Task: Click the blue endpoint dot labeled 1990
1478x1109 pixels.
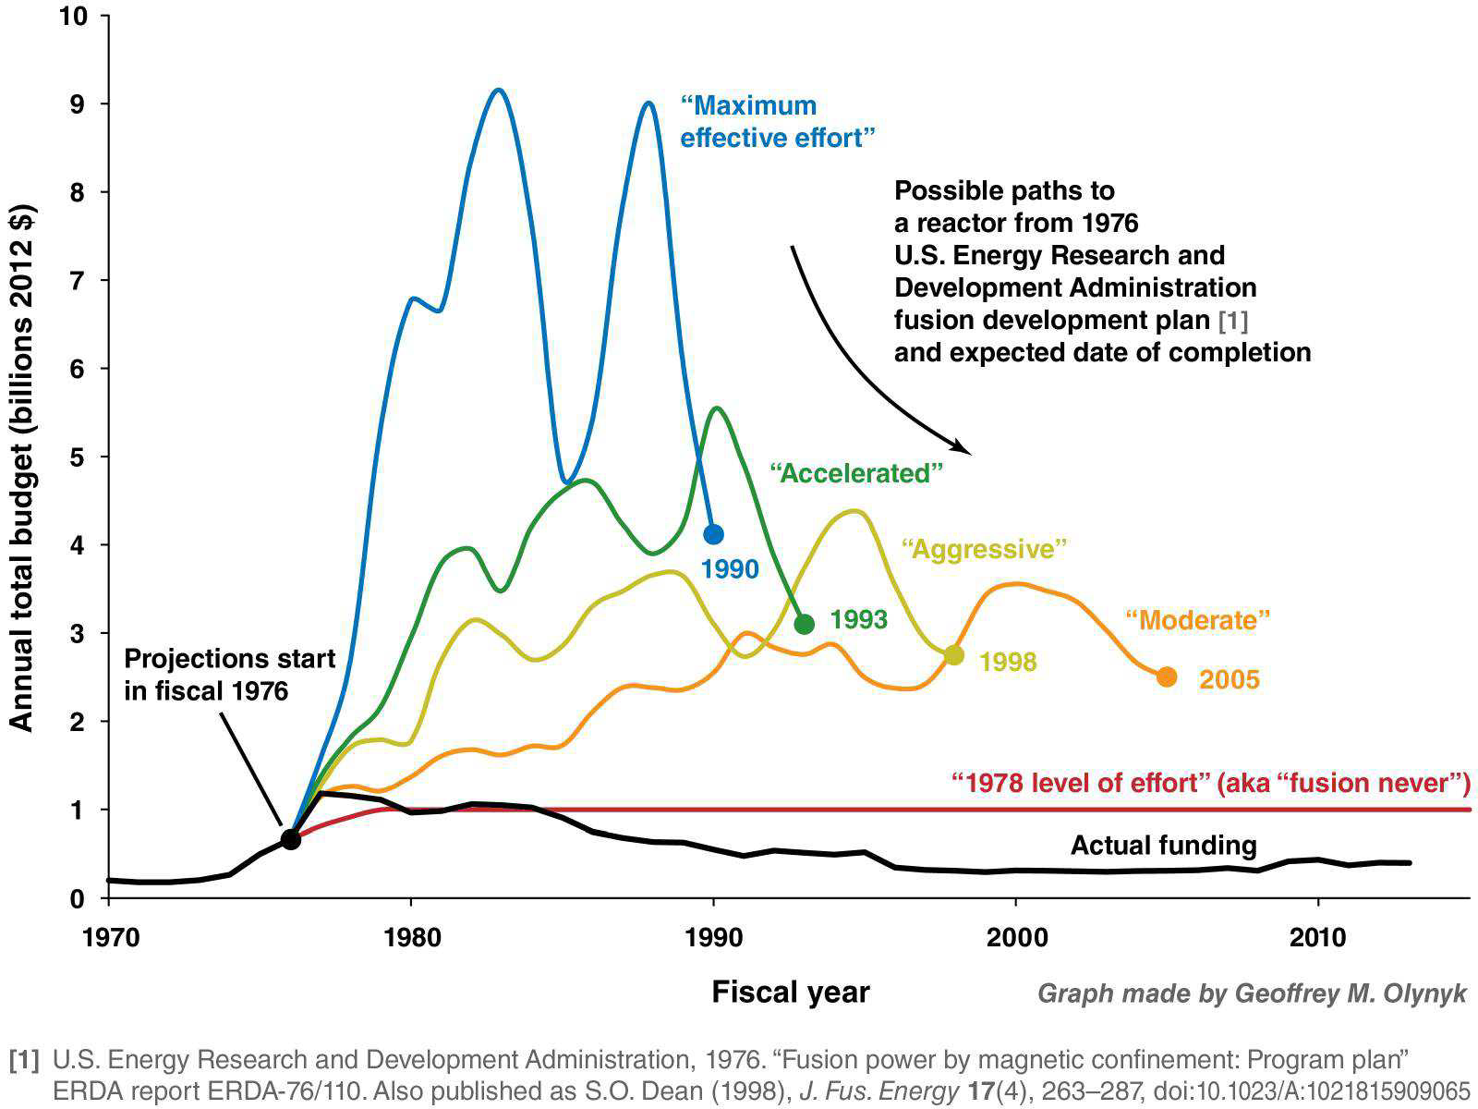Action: pyautogui.click(x=713, y=534)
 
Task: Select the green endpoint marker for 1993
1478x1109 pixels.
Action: pyautogui.click(x=804, y=624)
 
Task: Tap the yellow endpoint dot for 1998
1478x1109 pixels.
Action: pyautogui.click(x=954, y=655)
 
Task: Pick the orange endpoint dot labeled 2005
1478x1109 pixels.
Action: pyautogui.click(x=1167, y=676)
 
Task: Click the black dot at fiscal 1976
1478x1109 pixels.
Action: pyautogui.click(x=290, y=839)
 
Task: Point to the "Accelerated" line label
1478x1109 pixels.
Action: pyautogui.click(x=856, y=473)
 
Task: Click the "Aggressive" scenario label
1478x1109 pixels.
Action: pyautogui.click(x=984, y=549)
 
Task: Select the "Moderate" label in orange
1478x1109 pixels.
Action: pyautogui.click(x=1197, y=619)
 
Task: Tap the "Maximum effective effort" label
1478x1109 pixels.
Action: pyautogui.click(x=778, y=122)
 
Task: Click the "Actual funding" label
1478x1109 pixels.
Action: pyautogui.click(x=1163, y=845)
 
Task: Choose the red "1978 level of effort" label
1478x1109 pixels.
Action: pyautogui.click(x=1210, y=783)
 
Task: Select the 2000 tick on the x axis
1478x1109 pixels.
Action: pyautogui.click(x=1016, y=937)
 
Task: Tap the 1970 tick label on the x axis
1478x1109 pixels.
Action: pyautogui.click(x=110, y=937)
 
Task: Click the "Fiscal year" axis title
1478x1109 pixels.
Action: pyautogui.click(x=790, y=992)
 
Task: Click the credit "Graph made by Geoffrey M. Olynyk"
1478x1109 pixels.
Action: pyautogui.click(x=1252, y=993)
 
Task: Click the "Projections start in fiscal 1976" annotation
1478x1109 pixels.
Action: pyautogui.click(x=229, y=675)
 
